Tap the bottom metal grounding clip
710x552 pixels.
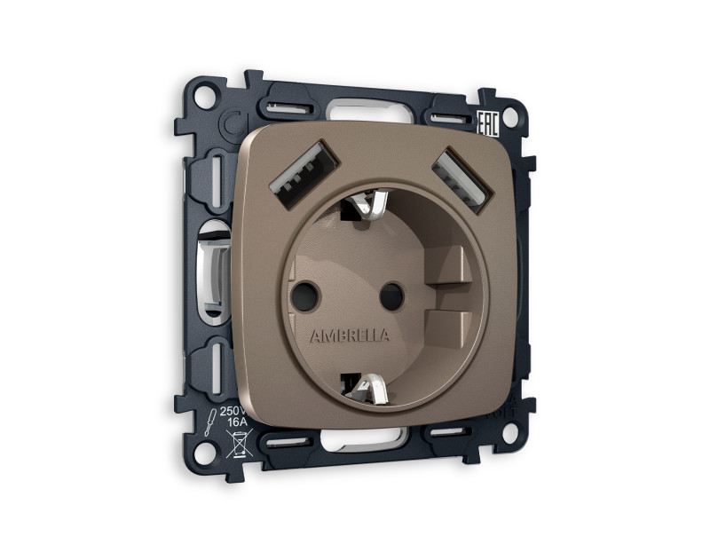pos(367,385)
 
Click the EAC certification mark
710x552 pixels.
pos(487,122)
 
